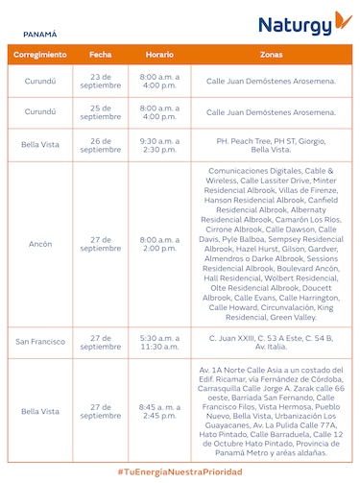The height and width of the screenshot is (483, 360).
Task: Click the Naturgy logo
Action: (x=305, y=23)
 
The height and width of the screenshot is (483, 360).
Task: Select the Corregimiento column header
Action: (x=40, y=54)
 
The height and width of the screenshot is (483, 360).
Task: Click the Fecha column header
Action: (x=101, y=54)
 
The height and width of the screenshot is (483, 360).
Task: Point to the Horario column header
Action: (x=159, y=54)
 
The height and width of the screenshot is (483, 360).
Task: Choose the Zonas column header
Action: (x=272, y=54)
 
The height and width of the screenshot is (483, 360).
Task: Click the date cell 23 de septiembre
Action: (x=101, y=81)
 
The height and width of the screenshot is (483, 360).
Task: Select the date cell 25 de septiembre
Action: (x=101, y=112)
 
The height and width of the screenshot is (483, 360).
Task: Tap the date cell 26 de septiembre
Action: (x=101, y=145)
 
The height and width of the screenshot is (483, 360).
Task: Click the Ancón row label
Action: (x=40, y=243)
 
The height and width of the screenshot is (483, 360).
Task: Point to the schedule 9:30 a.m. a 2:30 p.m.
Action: (x=159, y=145)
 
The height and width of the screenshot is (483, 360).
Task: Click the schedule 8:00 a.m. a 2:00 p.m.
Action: (x=159, y=243)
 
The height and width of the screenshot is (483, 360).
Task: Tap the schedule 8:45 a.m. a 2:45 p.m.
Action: (x=159, y=411)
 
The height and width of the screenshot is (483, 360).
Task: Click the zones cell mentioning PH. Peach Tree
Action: (x=272, y=145)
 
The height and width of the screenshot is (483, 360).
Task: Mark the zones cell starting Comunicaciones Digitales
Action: (x=272, y=243)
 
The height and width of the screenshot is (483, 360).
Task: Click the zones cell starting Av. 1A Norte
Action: (x=272, y=411)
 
